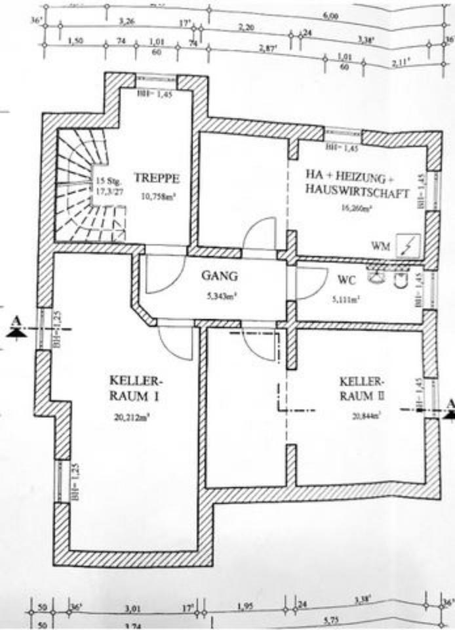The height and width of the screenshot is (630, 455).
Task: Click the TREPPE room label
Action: point(157,177)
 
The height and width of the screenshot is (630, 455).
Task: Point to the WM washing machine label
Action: point(379,246)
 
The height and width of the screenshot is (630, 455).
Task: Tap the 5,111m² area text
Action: point(347,297)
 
